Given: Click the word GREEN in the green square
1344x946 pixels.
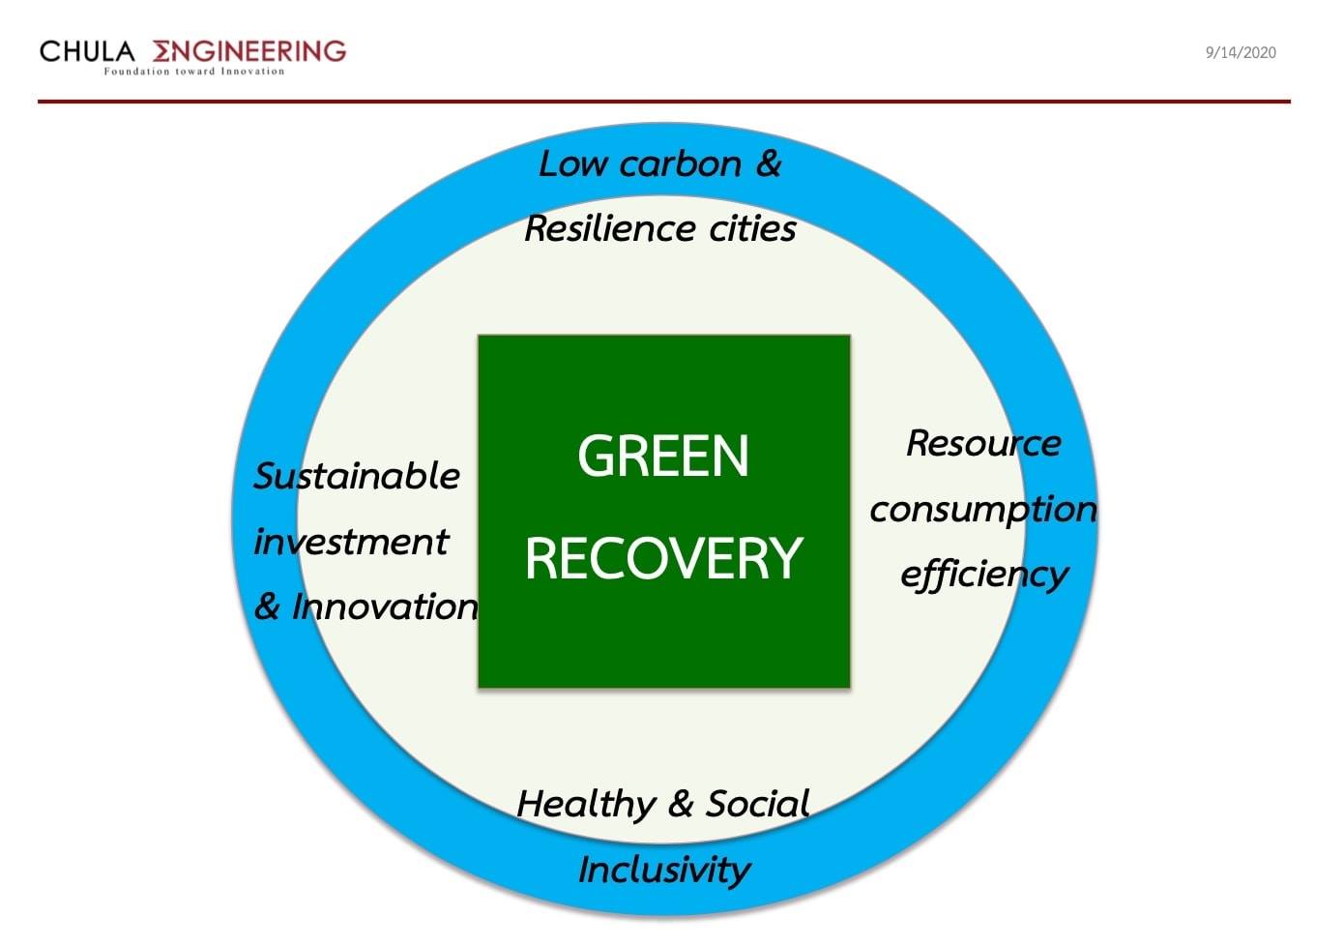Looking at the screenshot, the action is click(663, 457).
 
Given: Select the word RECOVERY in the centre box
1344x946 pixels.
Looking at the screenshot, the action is click(663, 559).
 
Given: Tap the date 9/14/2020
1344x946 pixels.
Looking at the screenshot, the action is click(1241, 53).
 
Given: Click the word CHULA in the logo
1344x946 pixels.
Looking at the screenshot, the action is click(87, 51).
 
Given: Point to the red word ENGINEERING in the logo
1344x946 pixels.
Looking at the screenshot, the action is click(249, 51).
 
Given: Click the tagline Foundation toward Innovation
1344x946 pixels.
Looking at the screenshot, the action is click(194, 71).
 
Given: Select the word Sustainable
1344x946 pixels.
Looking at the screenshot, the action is click(357, 477).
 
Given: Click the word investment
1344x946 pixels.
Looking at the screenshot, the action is click(351, 542).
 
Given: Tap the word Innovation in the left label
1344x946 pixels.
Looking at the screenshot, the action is click(385, 606).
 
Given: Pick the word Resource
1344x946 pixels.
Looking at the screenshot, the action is click(983, 444).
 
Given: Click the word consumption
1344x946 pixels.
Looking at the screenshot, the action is click(983, 511).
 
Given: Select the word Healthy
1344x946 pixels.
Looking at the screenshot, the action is click(586, 805).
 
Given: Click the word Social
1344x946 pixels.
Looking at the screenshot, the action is click(757, 804).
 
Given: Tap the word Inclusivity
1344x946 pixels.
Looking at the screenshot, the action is click(663, 871).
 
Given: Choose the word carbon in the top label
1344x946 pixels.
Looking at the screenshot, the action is click(681, 164).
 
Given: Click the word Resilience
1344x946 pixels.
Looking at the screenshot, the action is click(609, 228).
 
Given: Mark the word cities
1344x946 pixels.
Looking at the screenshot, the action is click(752, 228).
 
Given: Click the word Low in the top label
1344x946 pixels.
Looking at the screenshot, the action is click(573, 164).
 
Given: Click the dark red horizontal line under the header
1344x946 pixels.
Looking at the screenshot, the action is click(664, 102).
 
